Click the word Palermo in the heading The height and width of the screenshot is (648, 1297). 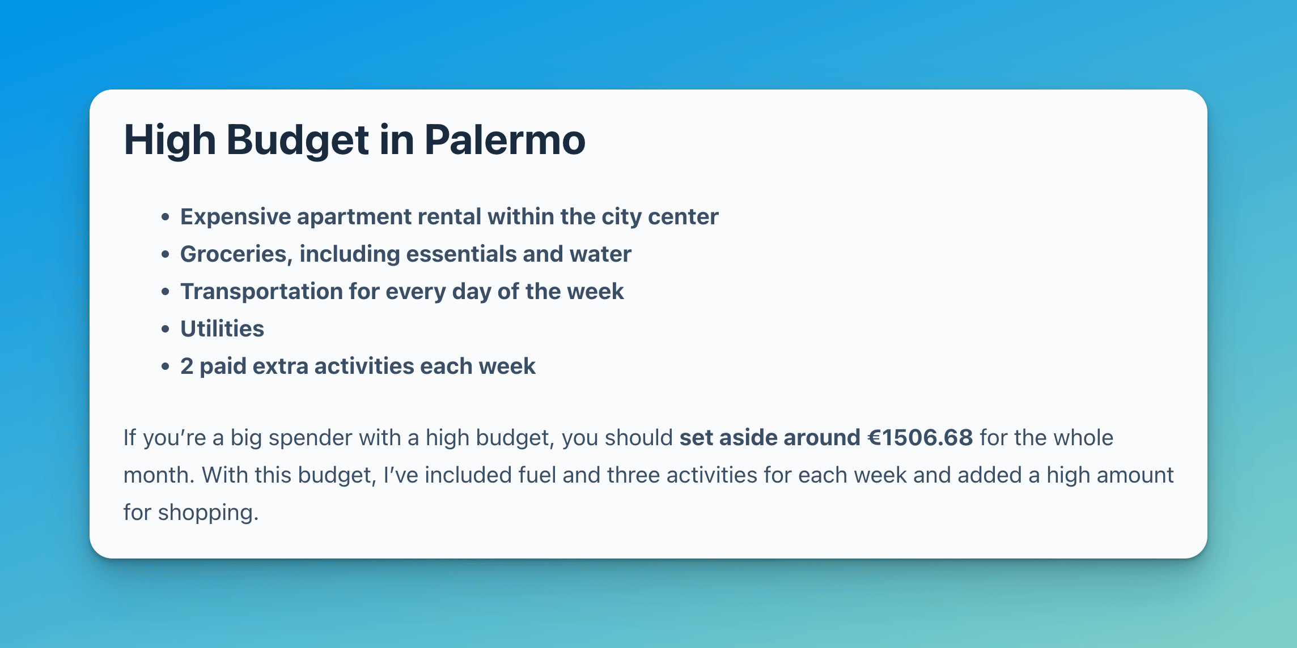505,140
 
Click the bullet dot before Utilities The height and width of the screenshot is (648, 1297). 165,329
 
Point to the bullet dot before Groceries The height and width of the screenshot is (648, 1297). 165,254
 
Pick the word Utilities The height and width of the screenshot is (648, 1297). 222,329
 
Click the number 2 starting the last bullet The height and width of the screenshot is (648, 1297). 187,366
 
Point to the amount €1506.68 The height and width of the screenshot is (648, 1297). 920,438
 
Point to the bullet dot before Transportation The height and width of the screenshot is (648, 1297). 165,292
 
